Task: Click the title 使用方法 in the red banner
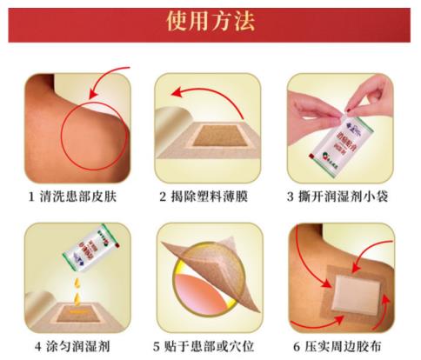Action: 211,21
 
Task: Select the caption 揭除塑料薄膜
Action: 214,197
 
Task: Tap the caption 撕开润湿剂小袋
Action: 348,197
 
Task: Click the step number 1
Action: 31,197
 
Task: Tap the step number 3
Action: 293,197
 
